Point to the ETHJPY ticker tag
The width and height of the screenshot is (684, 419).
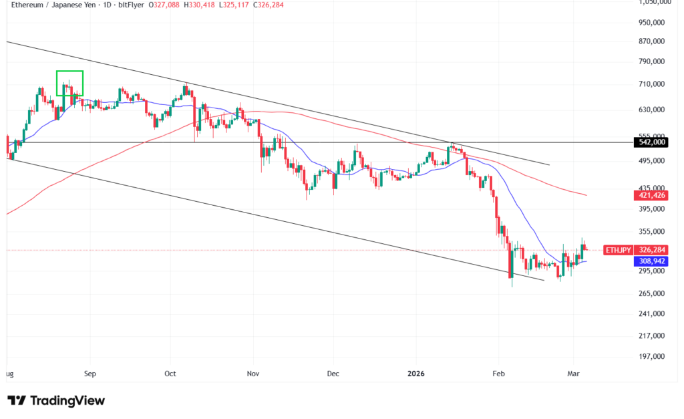[618, 250]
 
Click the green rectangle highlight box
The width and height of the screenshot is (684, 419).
[69, 83]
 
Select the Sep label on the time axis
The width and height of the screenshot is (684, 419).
[91, 375]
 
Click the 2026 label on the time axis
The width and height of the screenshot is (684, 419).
[415, 375]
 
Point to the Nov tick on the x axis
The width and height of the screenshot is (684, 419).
[252, 375]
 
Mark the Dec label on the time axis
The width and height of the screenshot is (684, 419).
[334, 375]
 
